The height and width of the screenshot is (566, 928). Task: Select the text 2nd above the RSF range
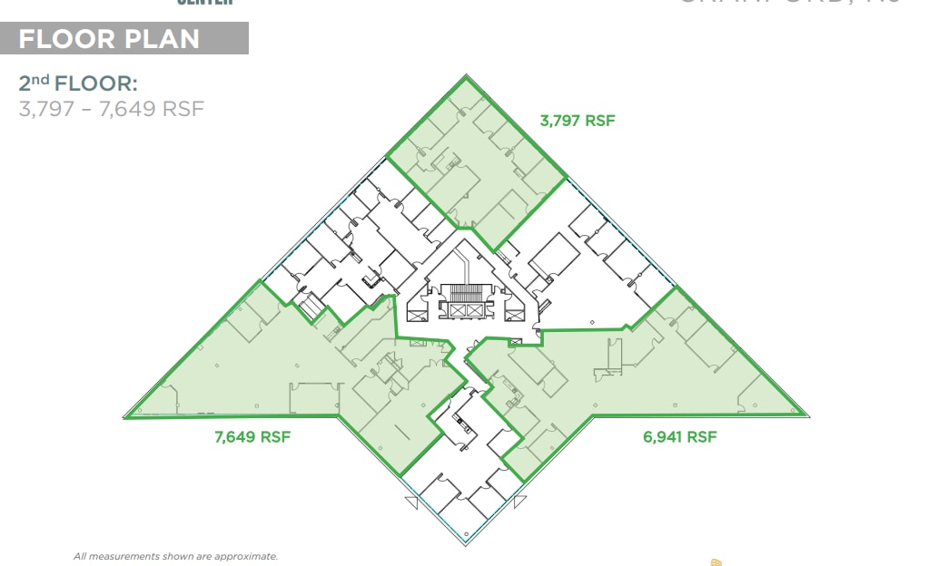click(x=34, y=84)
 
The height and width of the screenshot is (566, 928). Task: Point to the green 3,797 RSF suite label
click(x=577, y=120)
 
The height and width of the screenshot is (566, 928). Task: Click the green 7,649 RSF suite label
click(x=252, y=436)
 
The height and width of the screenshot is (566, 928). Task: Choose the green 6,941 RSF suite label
click(x=679, y=436)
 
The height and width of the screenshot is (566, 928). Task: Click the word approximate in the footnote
click(x=245, y=556)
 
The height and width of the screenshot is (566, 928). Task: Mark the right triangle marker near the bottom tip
click(x=519, y=500)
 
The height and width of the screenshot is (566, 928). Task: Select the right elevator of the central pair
click(x=476, y=309)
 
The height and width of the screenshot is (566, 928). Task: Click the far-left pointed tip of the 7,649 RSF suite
click(x=125, y=416)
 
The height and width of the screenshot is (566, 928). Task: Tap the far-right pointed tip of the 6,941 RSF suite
click(x=808, y=416)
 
